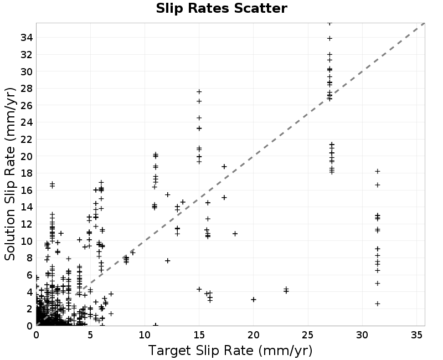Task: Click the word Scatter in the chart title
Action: click(x=260, y=8)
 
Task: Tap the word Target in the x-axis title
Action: click(x=169, y=351)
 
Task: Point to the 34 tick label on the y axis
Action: click(x=27, y=37)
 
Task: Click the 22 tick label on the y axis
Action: click(x=27, y=140)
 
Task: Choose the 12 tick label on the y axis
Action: click(x=27, y=224)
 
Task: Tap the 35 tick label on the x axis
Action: click(x=416, y=335)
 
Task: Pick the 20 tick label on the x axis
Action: click(x=254, y=335)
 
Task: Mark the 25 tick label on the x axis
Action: click(x=308, y=335)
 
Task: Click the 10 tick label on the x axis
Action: click(x=145, y=335)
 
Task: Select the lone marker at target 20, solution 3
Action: click(x=254, y=300)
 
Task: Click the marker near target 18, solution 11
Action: click(x=235, y=234)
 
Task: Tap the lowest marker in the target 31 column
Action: click(x=378, y=304)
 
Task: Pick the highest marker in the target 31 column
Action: click(x=378, y=171)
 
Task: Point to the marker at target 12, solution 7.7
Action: click(x=168, y=260)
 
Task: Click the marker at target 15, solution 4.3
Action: click(x=199, y=289)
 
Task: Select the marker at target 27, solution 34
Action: click(x=329, y=38)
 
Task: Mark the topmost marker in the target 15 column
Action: click(x=199, y=91)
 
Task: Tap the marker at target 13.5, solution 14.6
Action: click(x=183, y=202)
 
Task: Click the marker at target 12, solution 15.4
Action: click(x=168, y=195)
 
